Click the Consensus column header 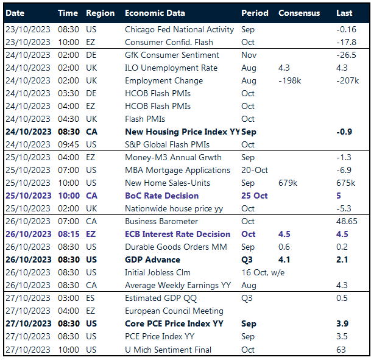[x=299, y=13]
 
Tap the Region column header [x=100, y=13]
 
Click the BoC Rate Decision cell [x=161, y=196]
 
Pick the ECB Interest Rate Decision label [x=177, y=234]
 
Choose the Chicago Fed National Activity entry [x=179, y=29]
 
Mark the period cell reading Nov [x=248, y=55]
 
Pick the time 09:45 [x=69, y=144]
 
